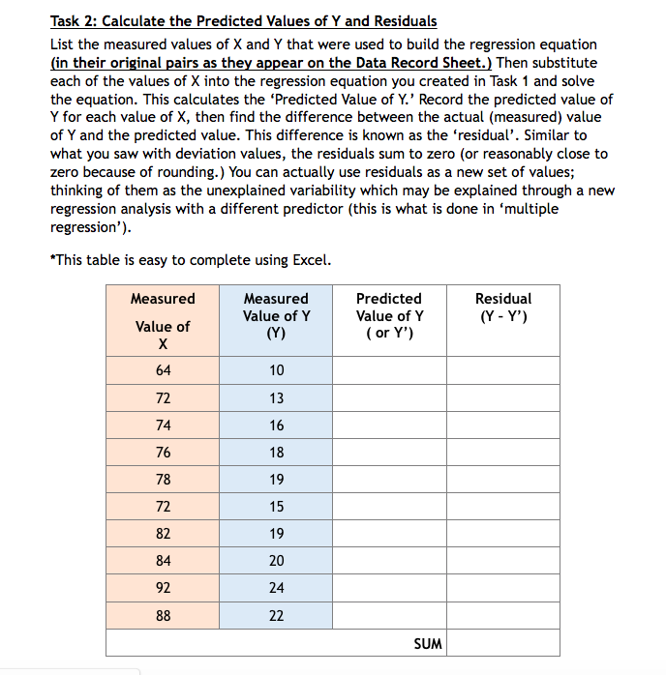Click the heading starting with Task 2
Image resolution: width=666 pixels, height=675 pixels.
pos(243,21)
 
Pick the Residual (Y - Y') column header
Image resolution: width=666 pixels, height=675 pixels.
pos(503,308)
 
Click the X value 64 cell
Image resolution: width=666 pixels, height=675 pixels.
pos(163,370)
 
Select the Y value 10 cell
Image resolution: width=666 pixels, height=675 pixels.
pos(276,370)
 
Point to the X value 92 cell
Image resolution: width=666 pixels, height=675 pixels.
pos(163,587)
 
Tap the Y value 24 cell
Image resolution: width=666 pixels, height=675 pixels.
pos(276,587)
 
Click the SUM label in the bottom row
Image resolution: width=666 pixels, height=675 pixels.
pos(427,644)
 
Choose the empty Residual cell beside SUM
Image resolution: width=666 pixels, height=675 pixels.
pos(503,644)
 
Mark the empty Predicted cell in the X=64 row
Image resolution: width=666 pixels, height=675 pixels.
pos(389,370)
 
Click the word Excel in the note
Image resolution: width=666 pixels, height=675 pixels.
pos(310,260)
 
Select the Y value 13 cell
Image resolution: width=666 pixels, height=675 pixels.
pos(276,397)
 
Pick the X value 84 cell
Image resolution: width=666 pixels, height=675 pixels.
pos(163,560)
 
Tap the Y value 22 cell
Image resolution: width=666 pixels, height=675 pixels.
pos(276,615)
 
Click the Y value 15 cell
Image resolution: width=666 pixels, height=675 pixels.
pos(276,506)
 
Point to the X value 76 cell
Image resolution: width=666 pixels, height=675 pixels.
pos(163,452)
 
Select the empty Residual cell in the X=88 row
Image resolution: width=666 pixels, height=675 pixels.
pos(503,615)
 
